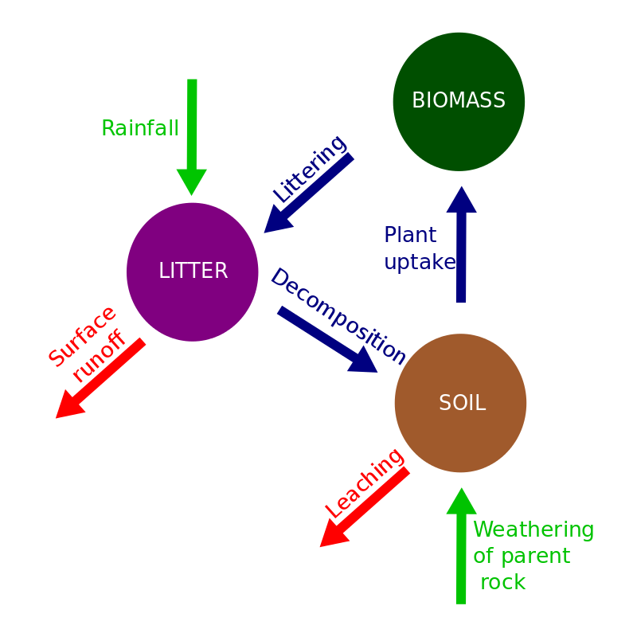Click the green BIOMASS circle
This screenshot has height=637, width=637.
point(459,102)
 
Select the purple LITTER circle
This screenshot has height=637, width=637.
point(193,272)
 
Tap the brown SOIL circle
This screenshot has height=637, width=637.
point(460,403)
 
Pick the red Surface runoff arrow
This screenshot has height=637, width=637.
point(100,378)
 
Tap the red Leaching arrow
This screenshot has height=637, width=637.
point(364,507)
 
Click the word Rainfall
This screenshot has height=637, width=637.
point(140,128)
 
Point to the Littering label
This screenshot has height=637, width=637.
point(309,169)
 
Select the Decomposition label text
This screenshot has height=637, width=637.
point(338,315)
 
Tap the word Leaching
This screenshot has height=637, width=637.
point(365,483)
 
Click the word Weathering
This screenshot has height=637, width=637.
point(533,530)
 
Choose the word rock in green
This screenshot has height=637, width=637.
point(503,582)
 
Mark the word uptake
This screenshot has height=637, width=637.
point(420,262)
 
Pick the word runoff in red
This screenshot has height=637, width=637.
point(100,356)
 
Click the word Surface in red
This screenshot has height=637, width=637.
point(82,336)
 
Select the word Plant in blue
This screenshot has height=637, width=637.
point(410,235)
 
